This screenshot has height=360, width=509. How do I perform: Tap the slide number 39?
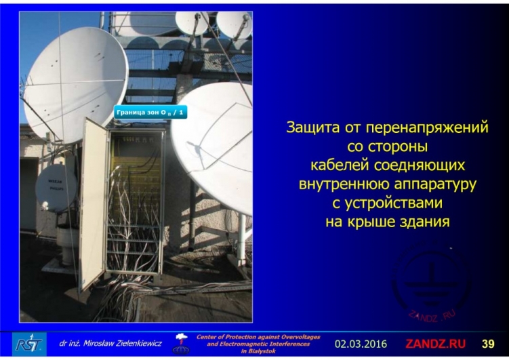point(488,344)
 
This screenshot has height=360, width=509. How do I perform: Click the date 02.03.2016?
point(361,344)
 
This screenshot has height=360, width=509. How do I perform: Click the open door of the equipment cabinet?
point(94,203)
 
